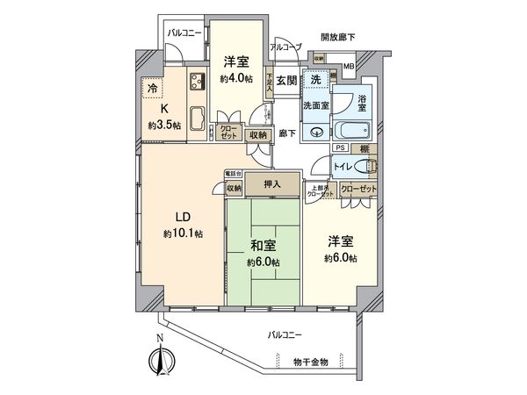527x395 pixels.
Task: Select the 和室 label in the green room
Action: point(263,246)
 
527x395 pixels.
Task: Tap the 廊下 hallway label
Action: point(286,133)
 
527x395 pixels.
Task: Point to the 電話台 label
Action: point(232,173)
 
